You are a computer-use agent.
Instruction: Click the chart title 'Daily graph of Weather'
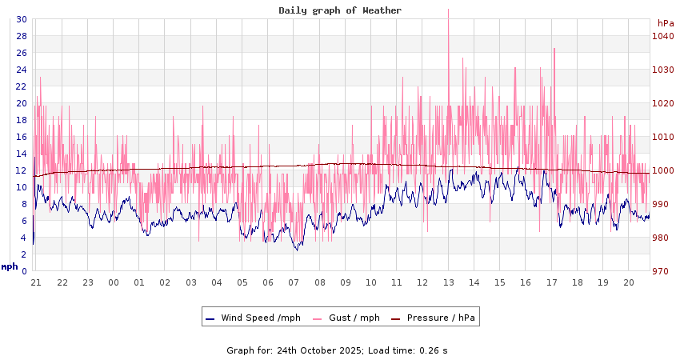(x=340, y=10)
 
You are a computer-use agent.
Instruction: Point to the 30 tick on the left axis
(x=21, y=19)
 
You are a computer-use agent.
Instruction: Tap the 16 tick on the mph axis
(x=21, y=137)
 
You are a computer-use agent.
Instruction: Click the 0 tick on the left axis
(x=23, y=271)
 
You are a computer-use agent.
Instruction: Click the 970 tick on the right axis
(x=662, y=271)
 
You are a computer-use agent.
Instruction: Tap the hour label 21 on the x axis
(x=36, y=282)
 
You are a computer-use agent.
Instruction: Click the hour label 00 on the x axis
(x=114, y=282)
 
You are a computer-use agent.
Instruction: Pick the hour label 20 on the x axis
(x=629, y=282)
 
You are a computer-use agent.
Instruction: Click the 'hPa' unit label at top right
(x=666, y=23)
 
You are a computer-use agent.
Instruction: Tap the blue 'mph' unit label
(x=10, y=266)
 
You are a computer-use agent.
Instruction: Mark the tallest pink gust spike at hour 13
(x=448, y=10)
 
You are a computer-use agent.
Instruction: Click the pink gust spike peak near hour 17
(x=554, y=49)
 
